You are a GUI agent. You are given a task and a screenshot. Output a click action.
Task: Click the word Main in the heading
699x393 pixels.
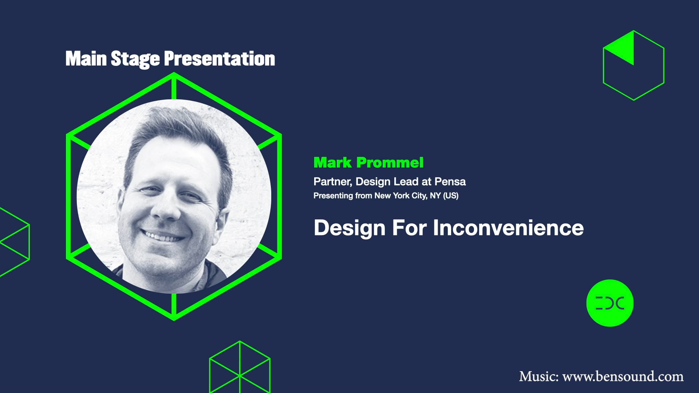(x=86, y=59)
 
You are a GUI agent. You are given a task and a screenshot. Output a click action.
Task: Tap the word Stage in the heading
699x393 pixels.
(x=135, y=59)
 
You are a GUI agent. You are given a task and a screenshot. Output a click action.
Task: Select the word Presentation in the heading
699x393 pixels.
(x=219, y=59)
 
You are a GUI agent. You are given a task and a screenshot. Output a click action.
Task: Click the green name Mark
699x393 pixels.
(x=332, y=163)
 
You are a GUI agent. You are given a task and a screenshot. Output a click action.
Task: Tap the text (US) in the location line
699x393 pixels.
(x=451, y=196)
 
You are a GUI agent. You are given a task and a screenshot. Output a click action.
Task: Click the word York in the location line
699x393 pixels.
(x=401, y=196)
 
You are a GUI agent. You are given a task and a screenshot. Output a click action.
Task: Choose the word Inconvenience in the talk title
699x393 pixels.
(x=508, y=228)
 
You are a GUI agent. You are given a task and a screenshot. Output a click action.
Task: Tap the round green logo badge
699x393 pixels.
(x=610, y=303)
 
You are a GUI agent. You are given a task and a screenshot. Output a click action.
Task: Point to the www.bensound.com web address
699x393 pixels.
(x=623, y=376)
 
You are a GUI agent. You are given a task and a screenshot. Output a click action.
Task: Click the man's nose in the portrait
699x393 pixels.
(x=166, y=207)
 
